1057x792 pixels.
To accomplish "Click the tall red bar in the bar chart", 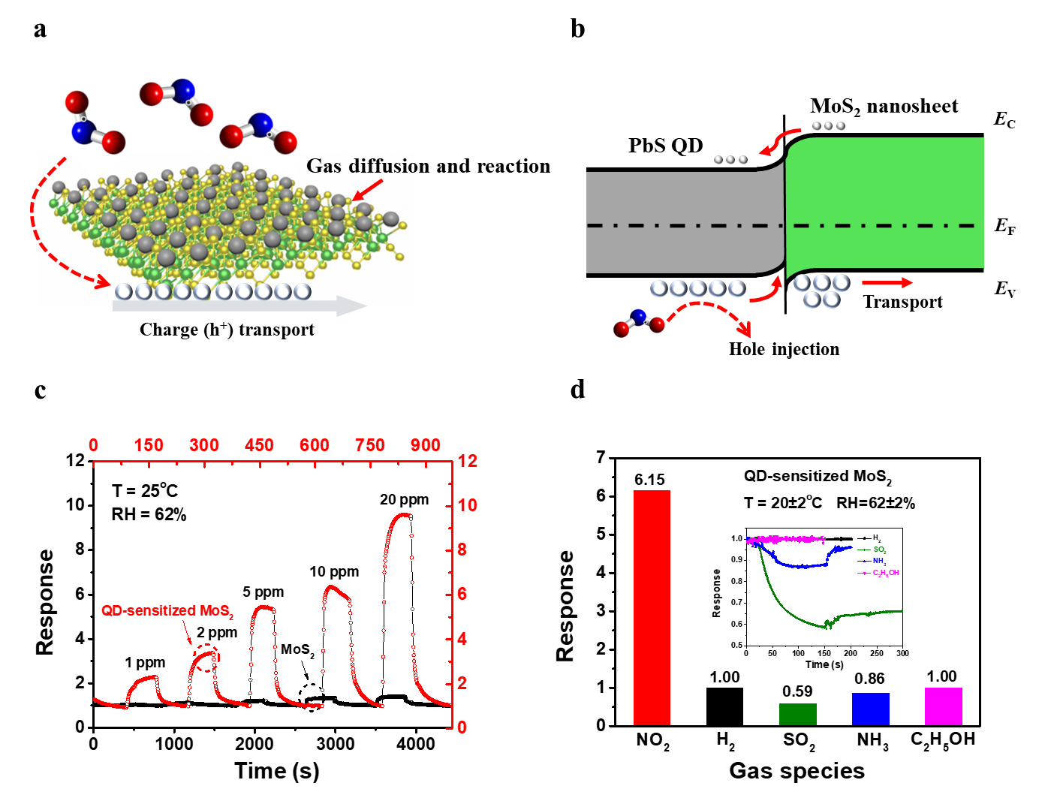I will point(652,607).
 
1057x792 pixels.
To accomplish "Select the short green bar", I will point(797,714).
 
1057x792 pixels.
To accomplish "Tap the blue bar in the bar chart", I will point(871,709).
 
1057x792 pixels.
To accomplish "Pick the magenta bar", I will point(943,706).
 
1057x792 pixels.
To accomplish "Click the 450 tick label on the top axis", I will point(260,445).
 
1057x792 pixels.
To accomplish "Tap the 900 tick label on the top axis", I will point(426,445).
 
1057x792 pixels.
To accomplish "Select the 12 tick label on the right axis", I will point(468,461).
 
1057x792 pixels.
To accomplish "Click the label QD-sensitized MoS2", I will point(167,611).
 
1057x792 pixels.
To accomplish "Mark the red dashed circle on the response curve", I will point(206,658).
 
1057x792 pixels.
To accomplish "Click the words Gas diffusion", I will point(360,166).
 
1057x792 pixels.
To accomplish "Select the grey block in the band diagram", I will point(676,221).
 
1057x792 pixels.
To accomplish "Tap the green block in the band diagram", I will point(886,203).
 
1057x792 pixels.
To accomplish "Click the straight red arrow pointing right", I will point(887,283).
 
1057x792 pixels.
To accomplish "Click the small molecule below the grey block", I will point(639,324).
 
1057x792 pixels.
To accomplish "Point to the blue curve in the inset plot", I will point(796,564).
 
